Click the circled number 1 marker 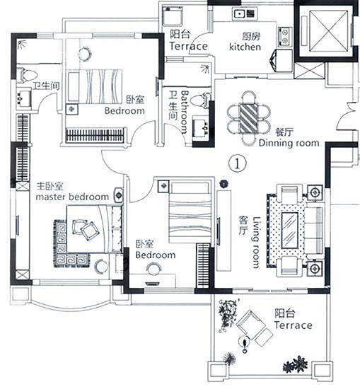(238, 163)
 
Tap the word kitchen (245, 47)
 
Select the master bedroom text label (72, 197)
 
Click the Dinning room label (289, 143)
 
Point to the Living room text (256, 243)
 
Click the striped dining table (248, 118)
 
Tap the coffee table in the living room (289, 231)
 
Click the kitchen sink (245, 13)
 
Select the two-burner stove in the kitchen (285, 37)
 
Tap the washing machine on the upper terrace (173, 16)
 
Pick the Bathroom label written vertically (185, 112)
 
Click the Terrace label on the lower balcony (293, 325)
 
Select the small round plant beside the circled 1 (223, 184)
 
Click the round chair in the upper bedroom (85, 54)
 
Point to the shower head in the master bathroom (23, 44)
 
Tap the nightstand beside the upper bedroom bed (72, 109)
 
